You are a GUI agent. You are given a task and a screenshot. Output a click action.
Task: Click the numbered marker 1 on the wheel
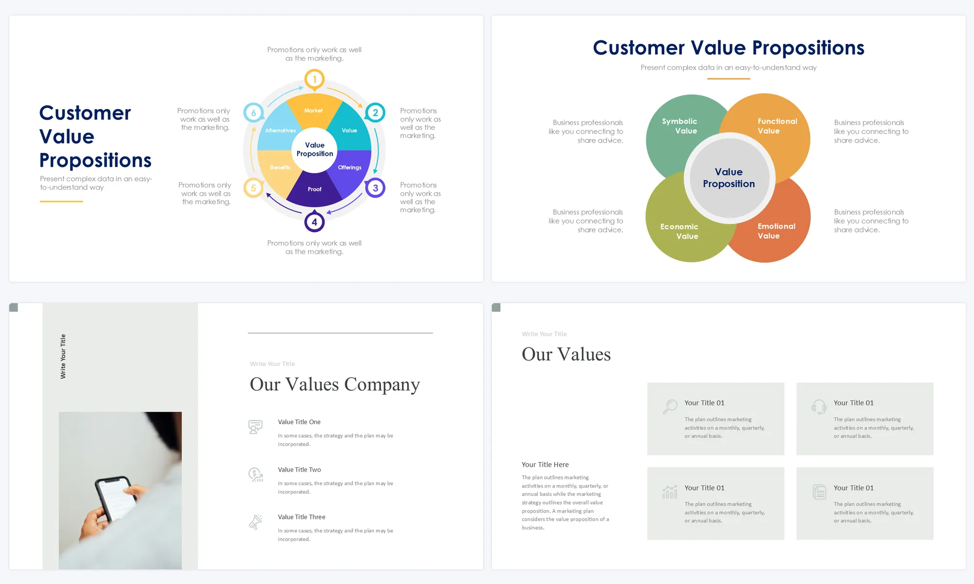(315, 79)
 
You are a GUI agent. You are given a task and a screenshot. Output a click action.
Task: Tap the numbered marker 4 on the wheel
(315, 222)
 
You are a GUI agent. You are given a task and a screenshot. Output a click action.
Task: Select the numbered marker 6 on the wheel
(254, 113)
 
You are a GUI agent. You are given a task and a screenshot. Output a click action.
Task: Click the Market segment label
(313, 110)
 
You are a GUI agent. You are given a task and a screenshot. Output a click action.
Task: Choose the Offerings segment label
(350, 167)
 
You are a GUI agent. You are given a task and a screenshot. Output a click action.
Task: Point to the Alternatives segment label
(281, 130)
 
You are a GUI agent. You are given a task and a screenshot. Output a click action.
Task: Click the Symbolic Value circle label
(679, 126)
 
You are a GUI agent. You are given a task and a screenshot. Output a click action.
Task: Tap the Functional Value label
(777, 126)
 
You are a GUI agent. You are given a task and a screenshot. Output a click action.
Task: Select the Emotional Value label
(776, 231)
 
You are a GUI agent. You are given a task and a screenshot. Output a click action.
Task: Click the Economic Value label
(679, 231)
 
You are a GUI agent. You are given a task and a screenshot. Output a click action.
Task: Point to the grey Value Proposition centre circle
(729, 178)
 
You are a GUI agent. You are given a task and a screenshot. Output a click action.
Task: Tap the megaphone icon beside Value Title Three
(256, 522)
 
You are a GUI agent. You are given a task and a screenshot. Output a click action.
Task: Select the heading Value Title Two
(300, 470)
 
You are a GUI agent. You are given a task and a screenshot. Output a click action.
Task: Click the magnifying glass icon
(670, 406)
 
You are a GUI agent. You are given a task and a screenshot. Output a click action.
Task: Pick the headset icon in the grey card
(819, 406)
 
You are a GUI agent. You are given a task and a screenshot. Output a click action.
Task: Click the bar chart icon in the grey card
(670, 492)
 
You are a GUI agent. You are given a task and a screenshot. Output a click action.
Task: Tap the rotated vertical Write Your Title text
(63, 356)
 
